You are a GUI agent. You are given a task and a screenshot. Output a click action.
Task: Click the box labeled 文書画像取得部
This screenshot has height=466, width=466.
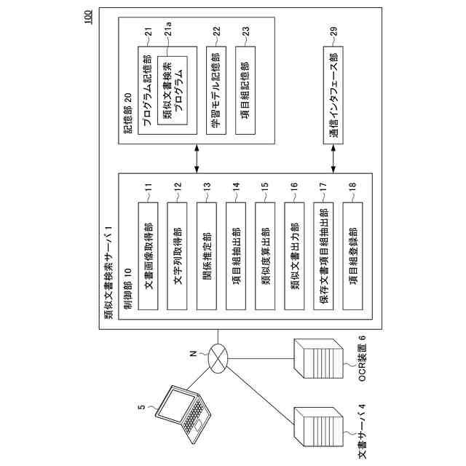pos(148,256)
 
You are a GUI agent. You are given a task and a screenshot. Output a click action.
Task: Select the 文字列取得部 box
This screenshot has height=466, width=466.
pos(177,256)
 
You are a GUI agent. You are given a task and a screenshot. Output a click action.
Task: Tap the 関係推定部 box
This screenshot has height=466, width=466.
pos(207,256)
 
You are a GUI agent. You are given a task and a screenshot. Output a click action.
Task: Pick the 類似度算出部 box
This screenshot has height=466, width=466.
pos(265,256)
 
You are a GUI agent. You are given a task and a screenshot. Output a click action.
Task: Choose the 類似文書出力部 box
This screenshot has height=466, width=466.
pos(294,256)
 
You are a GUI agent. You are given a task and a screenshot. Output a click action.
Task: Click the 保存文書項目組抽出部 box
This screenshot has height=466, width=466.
pos(323,256)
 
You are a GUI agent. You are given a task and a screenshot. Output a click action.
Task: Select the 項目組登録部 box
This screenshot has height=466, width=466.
pos(352,256)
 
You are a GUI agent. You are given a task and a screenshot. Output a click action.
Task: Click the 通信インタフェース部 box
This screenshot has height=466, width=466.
pos(333,95)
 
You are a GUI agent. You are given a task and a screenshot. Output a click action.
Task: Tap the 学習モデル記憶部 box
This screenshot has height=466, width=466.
pos(216,90)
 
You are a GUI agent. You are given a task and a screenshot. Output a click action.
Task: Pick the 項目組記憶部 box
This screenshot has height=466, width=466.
pos(245,90)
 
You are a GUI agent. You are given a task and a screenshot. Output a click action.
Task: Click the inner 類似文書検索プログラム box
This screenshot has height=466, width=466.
pos(173,90)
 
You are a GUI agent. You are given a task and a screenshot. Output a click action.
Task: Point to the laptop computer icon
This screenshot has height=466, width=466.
pos(184,414)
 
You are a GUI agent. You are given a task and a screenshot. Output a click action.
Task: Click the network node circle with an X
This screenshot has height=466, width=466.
pos(218,358)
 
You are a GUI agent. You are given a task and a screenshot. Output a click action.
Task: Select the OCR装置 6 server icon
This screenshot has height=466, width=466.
pos(319,358)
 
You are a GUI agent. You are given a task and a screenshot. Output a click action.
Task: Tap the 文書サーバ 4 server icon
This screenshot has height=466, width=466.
pos(319,427)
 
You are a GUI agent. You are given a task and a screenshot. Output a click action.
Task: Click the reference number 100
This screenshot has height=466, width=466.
pos(89,17)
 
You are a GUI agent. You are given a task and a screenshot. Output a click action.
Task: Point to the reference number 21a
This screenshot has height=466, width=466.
pos(168,29)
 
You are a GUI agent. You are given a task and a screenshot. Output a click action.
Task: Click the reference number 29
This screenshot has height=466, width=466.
pos(333,31)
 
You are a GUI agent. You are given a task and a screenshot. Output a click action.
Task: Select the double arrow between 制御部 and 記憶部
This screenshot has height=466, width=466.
pos(197,159)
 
